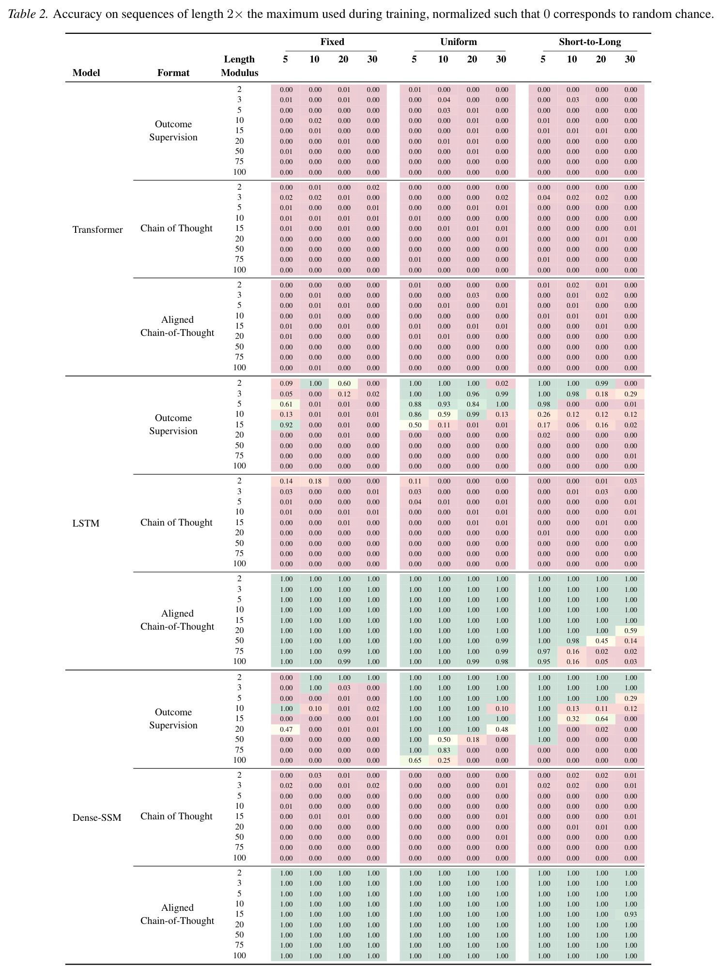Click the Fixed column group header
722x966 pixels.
click(332, 42)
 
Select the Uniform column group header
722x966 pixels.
click(459, 42)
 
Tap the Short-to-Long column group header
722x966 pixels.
click(590, 42)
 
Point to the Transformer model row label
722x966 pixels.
click(98, 229)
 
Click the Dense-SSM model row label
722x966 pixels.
click(97, 817)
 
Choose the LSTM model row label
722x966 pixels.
click(86, 523)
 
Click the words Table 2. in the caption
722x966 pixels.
click(28, 14)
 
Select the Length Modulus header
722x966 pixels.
click(240, 66)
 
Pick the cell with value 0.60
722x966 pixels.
click(344, 383)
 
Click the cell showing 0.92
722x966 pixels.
click(286, 425)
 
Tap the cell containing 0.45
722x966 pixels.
click(601, 641)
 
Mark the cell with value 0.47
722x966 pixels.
click(286, 729)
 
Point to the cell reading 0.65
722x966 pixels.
click(415, 760)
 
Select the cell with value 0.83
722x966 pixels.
click(444, 750)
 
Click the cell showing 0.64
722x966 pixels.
click(601, 719)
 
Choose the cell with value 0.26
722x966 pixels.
click(543, 414)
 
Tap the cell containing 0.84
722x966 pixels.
click(473, 404)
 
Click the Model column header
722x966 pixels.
click(86, 73)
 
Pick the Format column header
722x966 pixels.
click(173, 73)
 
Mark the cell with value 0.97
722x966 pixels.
click(543, 651)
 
